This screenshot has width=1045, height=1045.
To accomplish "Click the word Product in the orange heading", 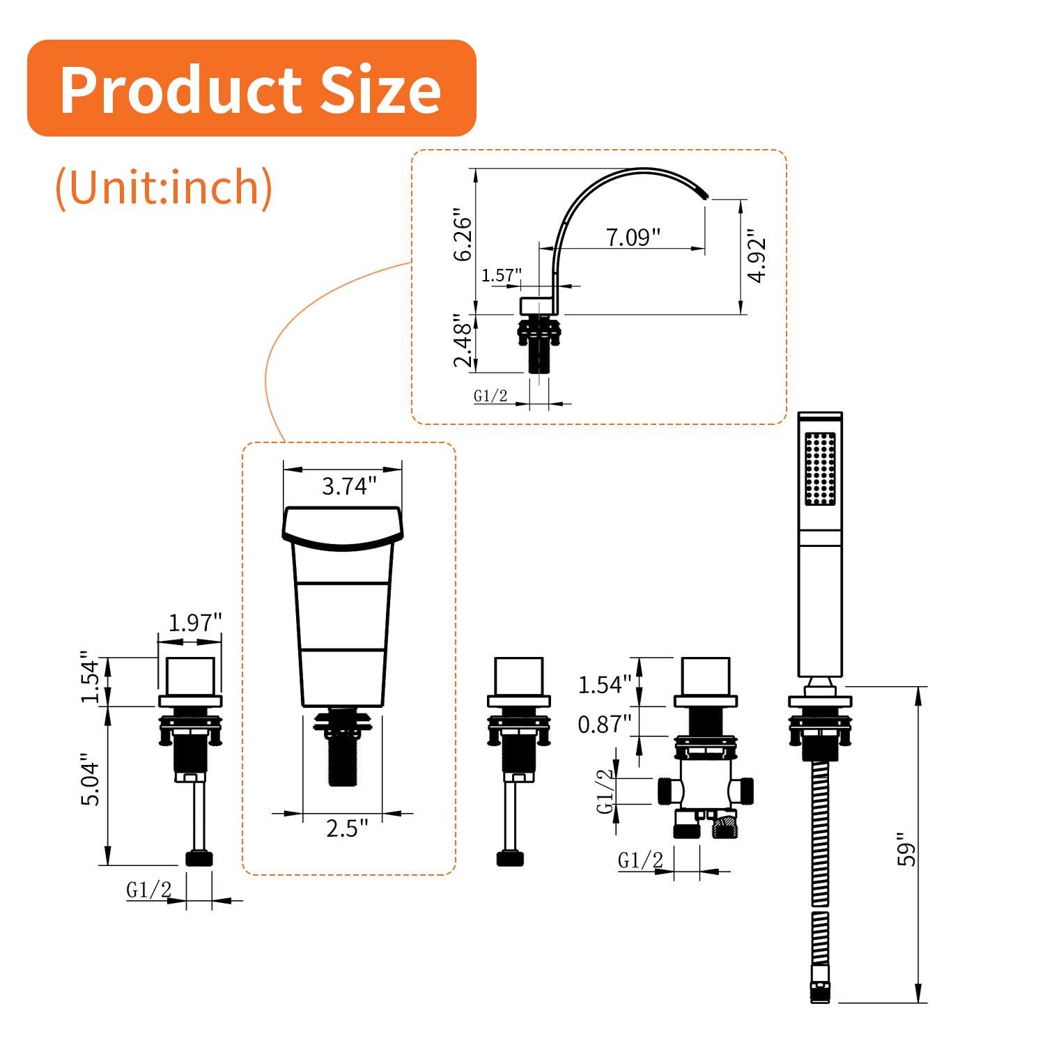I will coord(181,90).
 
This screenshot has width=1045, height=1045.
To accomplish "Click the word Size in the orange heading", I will coord(380,90).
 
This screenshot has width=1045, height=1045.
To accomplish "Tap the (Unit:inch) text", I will coord(164,187).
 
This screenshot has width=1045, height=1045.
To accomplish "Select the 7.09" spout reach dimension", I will coord(633,237).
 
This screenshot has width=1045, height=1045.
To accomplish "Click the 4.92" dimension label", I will coord(757,256).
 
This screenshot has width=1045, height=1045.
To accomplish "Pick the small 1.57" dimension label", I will coord(501,275).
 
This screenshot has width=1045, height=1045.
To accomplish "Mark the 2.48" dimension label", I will coord(463,341).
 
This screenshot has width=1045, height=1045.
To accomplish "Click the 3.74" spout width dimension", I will coord(348,486).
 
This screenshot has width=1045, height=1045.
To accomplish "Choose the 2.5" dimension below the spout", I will coord(346,828).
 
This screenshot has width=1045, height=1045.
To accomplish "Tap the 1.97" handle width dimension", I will coord(195,622).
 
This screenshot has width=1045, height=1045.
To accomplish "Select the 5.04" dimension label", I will coord(91,780).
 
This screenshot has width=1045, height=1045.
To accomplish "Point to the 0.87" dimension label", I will coord(603,725).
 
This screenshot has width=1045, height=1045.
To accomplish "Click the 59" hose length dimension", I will coord(906,849).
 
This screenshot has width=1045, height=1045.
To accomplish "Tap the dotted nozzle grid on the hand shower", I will coord(819,469).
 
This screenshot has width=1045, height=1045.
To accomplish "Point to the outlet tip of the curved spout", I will coord(704,191).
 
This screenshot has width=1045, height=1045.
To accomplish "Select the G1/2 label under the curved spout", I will coord(490,396).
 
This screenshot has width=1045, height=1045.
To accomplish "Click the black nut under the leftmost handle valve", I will coord(198,858).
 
